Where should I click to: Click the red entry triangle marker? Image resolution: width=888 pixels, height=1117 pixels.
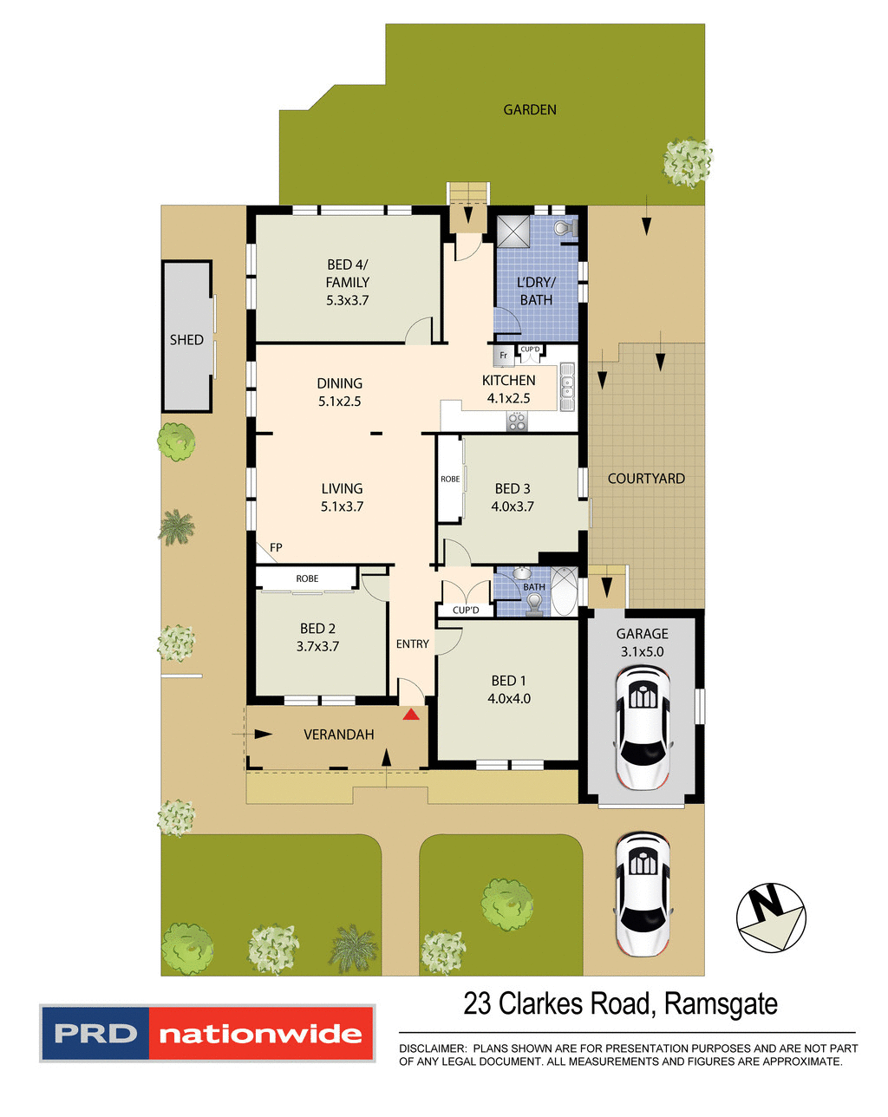[410, 714]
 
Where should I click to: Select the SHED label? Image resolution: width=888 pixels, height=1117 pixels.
[186, 340]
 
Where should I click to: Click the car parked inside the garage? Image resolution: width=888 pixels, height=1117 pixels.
[642, 728]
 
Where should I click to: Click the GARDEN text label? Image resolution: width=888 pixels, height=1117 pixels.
[530, 109]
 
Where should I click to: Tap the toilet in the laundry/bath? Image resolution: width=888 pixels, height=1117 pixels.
[563, 228]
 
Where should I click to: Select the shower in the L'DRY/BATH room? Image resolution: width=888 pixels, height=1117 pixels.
[513, 232]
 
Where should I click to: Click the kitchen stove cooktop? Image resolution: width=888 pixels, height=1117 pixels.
[517, 421]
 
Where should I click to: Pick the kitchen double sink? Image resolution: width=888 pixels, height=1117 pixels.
[567, 387]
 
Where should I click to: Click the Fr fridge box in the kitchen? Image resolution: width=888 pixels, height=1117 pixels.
[503, 356]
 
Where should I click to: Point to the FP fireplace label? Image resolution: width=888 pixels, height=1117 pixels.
[276, 547]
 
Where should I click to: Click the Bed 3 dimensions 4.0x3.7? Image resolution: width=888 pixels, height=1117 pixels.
[513, 506]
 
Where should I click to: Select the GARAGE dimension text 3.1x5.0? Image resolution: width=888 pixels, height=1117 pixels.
[642, 652]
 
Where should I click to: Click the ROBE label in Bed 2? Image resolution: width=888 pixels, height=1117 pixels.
[307, 578]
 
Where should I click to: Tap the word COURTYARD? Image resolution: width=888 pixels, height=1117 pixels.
[646, 479]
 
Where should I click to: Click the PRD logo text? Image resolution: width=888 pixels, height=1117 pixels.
[95, 1034]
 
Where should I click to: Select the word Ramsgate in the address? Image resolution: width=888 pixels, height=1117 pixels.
[721, 1004]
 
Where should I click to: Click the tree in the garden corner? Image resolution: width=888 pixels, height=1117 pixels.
[687, 161]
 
